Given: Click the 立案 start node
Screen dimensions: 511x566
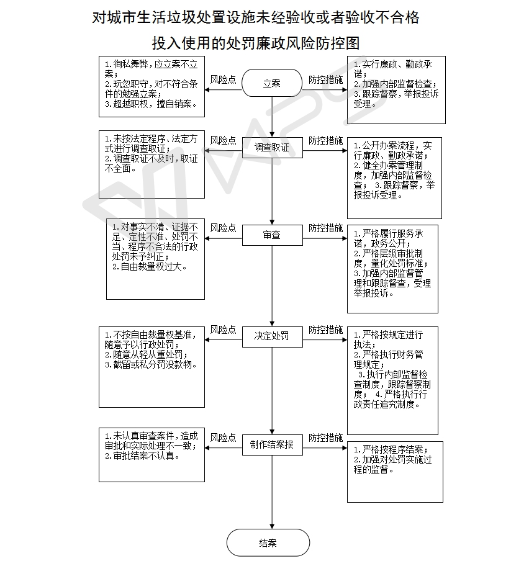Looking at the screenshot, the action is click(x=271, y=83).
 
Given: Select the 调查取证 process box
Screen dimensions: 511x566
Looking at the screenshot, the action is click(x=273, y=147).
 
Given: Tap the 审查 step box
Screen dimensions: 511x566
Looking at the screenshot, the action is click(x=273, y=235).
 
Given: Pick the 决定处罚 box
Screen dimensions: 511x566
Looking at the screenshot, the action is click(x=273, y=336).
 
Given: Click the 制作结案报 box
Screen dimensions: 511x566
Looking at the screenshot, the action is click(x=273, y=445).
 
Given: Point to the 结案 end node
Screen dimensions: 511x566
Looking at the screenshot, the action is click(x=268, y=542).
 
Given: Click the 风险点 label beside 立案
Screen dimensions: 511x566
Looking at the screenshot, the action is click(x=223, y=79).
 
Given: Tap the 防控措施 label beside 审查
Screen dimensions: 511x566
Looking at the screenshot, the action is click(x=325, y=228).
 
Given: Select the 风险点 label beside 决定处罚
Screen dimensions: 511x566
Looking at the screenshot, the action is click(x=223, y=330).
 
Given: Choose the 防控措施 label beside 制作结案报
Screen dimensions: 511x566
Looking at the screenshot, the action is click(x=325, y=438).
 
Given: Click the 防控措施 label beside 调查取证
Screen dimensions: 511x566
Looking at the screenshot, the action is click(x=325, y=140).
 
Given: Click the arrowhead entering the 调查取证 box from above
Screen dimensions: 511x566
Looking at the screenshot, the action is click(x=273, y=135).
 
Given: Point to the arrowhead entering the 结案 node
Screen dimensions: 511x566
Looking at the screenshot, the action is click(x=273, y=526).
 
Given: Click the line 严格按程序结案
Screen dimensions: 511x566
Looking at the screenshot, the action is click(x=391, y=450).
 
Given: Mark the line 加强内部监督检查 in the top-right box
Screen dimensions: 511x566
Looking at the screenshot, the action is click(x=396, y=84).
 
